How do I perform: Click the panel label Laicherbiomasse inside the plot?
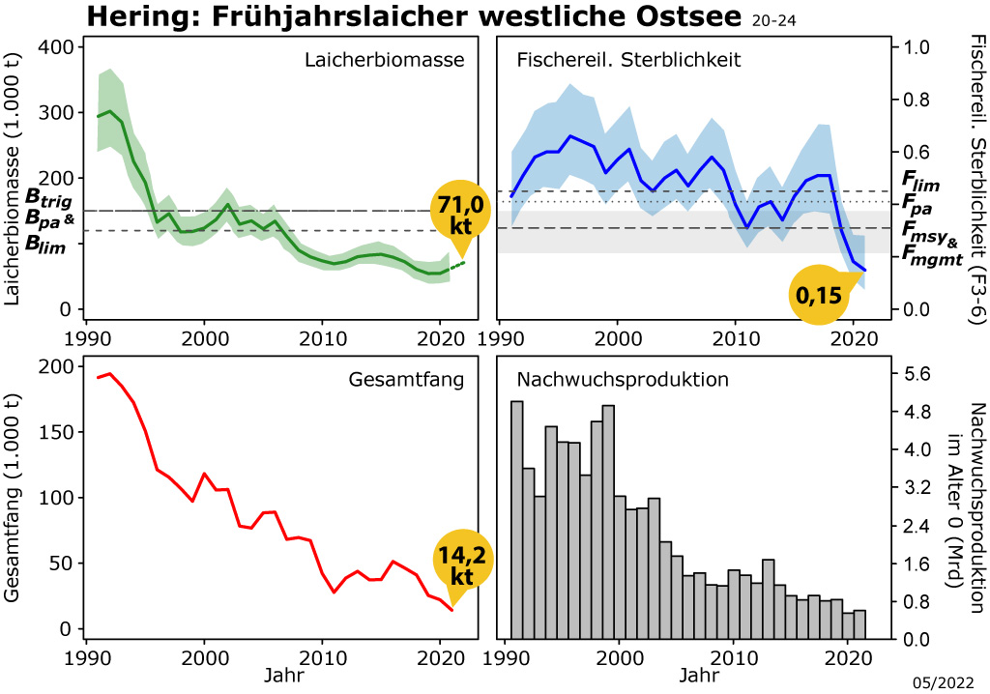(x=384, y=60)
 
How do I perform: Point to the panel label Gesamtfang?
(x=406, y=380)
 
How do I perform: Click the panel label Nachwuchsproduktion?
(x=623, y=380)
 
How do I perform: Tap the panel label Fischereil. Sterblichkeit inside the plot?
(x=628, y=60)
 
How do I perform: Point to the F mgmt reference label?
(x=931, y=256)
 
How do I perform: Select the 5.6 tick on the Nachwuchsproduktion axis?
(x=917, y=374)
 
